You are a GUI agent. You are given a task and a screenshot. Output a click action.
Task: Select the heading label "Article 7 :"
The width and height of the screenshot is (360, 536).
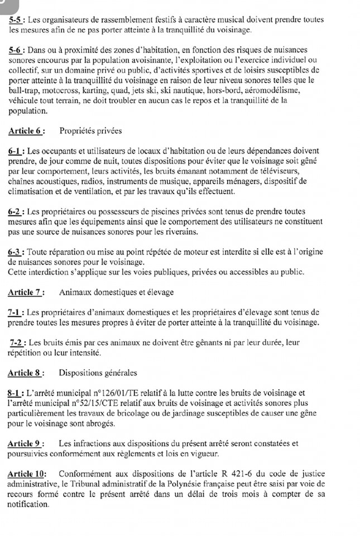[x=26, y=292]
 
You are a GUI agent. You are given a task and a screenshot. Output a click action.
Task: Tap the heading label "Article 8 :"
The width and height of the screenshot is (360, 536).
[x=26, y=373]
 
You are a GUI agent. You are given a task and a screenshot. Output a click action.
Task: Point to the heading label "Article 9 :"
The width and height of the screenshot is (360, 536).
[x=26, y=444]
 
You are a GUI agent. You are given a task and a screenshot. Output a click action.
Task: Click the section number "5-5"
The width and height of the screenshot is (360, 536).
[x=16, y=20]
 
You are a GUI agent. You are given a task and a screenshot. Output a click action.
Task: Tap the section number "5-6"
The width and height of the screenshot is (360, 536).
[x=16, y=50]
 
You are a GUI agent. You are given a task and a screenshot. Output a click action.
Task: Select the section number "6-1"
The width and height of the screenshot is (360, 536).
[x=16, y=151]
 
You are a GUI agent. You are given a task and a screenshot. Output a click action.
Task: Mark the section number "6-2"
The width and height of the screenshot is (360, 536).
[x=16, y=212]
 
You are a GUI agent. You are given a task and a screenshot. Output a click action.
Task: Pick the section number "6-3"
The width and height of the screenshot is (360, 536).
[x=16, y=252]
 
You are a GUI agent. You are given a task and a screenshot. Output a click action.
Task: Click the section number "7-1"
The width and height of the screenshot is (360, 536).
[x=16, y=312]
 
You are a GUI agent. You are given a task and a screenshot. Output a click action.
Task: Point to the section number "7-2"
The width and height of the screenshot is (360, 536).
[x=18, y=343]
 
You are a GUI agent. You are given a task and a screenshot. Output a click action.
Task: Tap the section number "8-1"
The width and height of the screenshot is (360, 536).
[x=16, y=393]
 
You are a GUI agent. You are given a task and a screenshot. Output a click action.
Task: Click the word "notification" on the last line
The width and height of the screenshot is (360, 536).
[x=28, y=504]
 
